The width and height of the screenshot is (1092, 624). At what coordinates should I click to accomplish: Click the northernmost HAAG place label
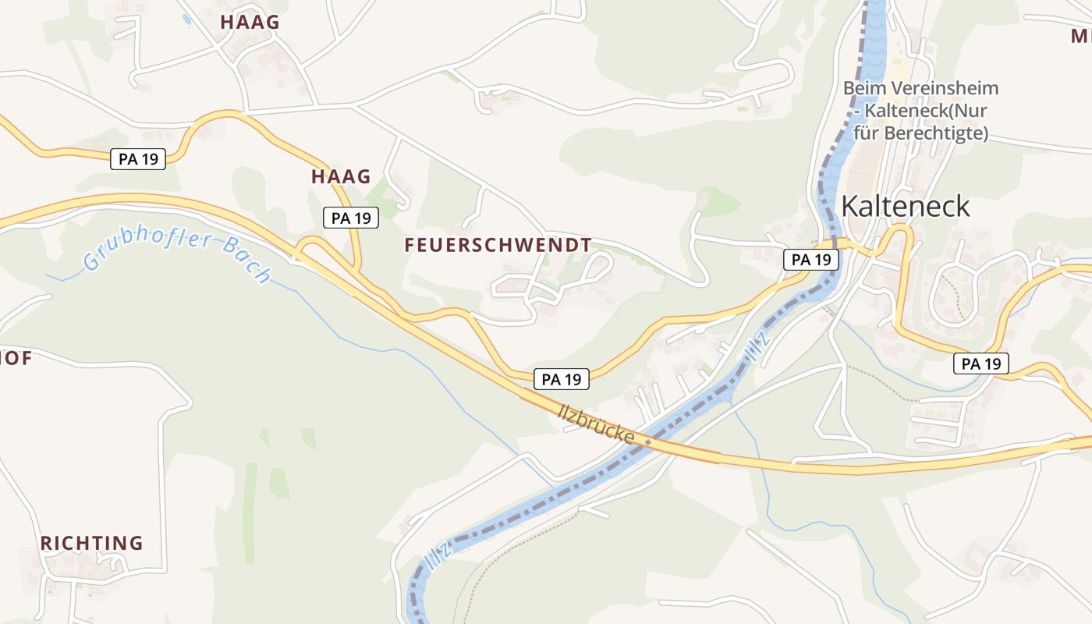coord(249,22)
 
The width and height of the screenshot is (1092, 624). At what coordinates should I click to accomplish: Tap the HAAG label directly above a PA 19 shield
coord(341,176)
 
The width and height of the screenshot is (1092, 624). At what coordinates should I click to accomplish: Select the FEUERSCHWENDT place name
coord(498,245)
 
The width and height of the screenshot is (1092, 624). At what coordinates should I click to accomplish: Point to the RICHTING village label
coord(92,543)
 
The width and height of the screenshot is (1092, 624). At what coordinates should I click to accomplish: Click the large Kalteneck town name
coord(906,206)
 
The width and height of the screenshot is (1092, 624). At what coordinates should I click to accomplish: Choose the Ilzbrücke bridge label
coord(597,424)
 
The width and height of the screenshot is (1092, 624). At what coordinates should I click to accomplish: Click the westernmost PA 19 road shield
coord(138,159)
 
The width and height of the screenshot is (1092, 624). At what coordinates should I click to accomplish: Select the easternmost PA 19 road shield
coord(981,363)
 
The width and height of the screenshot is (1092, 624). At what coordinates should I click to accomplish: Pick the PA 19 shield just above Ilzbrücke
coord(562,380)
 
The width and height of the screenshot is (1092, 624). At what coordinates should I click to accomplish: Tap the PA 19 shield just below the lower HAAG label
coord(351,218)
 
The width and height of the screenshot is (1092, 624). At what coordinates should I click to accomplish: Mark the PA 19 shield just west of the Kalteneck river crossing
coord(811,260)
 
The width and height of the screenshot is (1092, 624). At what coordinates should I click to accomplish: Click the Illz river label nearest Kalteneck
coord(757,346)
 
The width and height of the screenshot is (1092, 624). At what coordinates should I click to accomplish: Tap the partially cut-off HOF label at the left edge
coord(16,358)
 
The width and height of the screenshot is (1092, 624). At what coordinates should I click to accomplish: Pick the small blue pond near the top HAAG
coord(186,17)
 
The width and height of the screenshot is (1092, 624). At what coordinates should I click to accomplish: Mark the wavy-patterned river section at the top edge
coord(874,31)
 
